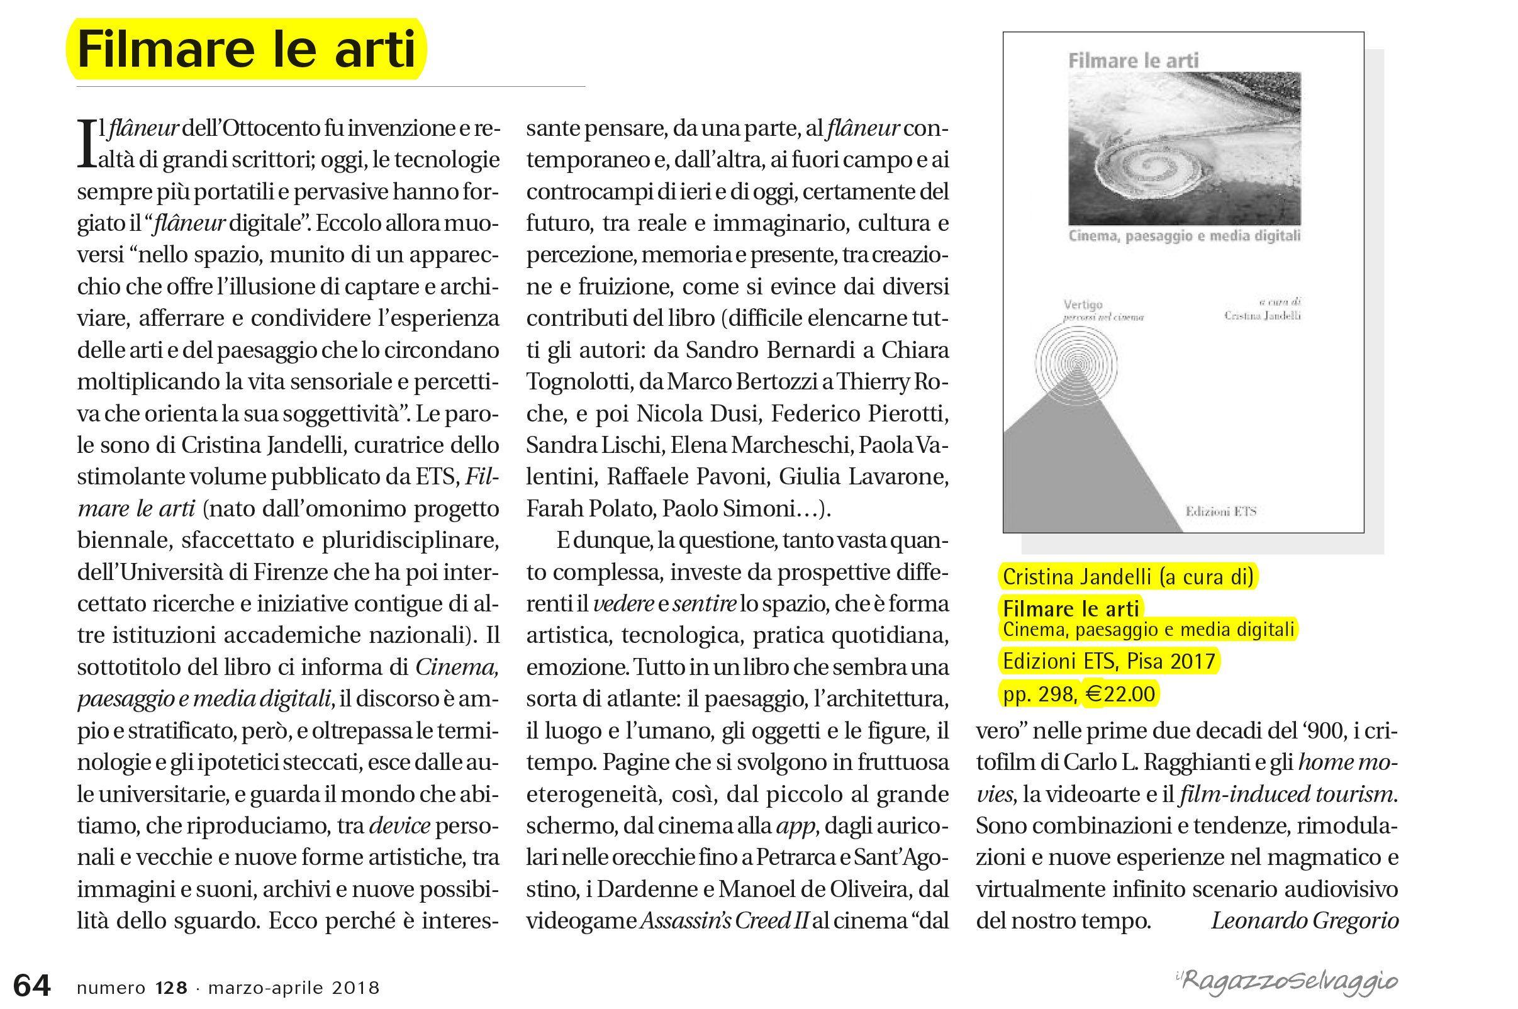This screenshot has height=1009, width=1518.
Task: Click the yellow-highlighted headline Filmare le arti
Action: tap(247, 50)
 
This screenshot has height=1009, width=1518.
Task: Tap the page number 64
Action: tap(31, 985)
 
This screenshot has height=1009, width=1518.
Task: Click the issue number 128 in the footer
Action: tap(171, 988)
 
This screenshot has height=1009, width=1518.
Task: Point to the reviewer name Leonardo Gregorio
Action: tap(1304, 921)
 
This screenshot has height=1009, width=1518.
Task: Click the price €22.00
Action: tap(1120, 694)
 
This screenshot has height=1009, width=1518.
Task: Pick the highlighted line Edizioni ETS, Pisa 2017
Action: tap(1108, 662)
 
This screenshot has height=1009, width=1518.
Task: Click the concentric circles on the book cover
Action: tap(1076, 364)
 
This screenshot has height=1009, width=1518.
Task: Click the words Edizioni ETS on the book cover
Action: tap(1220, 511)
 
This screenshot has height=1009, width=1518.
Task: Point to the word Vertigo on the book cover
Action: tap(1083, 304)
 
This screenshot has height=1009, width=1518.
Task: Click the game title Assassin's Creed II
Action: tap(724, 921)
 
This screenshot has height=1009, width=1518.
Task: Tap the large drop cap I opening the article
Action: tap(86, 143)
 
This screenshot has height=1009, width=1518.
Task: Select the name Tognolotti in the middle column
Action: tap(579, 382)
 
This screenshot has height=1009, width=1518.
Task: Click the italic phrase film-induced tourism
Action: tap(1286, 794)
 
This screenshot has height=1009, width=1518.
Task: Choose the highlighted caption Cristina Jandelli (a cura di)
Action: tap(1128, 577)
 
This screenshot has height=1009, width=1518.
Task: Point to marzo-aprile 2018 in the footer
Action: tap(294, 988)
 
